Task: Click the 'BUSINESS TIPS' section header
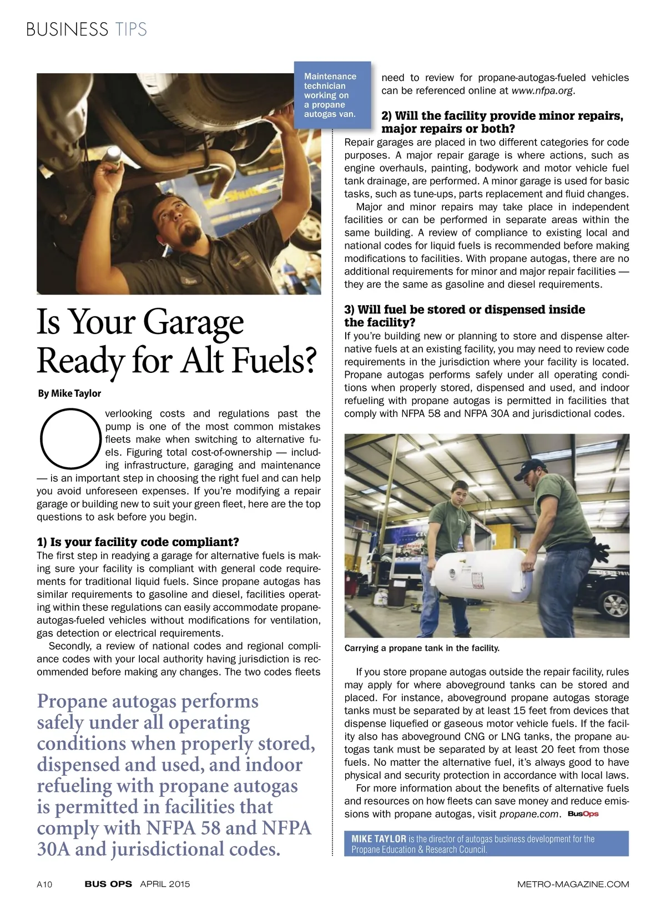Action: pos(87,29)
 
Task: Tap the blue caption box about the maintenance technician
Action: pos(331,95)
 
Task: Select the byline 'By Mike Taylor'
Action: pos(69,393)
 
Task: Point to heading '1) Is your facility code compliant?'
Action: pos(138,542)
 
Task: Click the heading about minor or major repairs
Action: pos(502,122)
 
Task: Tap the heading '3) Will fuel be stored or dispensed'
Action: pos(465,316)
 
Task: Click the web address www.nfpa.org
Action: pos(542,90)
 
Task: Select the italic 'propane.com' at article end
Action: pos(529,814)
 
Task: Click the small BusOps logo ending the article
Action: pos(583,814)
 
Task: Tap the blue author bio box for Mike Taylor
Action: pos(486,844)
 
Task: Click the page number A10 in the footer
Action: pos(44,884)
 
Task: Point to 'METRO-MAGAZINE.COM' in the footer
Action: pos(573,884)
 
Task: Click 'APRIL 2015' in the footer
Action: pos(165,884)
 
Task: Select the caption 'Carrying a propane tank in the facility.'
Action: pos(422,648)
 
